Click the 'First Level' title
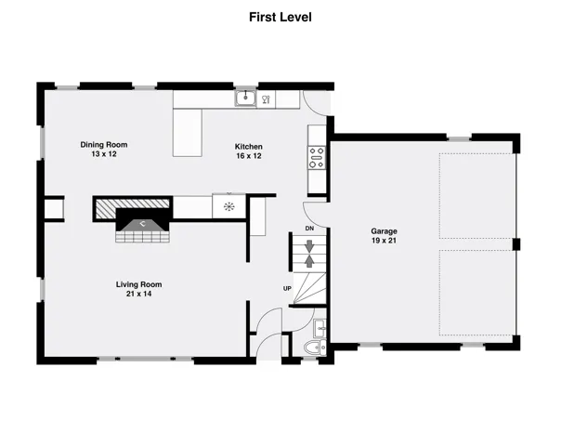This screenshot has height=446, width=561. (x=280, y=17)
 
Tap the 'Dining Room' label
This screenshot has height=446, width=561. (x=104, y=145)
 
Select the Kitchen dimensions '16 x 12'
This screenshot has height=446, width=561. (x=249, y=156)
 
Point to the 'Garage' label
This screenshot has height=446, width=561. (x=384, y=231)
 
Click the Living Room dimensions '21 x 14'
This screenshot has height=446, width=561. (x=138, y=294)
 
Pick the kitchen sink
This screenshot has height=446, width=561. (x=245, y=98)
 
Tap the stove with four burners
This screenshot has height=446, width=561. (x=317, y=158)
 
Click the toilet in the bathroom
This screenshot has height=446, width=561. (x=315, y=348)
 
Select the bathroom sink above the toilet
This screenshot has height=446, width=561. (x=320, y=329)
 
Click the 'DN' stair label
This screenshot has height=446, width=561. (x=309, y=229)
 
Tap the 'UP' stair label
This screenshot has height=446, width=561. (x=287, y=288)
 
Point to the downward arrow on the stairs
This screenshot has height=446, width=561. (x=309, y=246)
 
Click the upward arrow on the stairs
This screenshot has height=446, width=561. (x=309, y=261)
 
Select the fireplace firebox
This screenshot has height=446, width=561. (x=142, y=220)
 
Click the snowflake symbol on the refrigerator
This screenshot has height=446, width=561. (x=229, y=206)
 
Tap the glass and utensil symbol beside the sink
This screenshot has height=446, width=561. (x=266, y=99)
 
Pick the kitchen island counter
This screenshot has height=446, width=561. (x=188, y=133)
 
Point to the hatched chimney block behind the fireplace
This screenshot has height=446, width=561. (x=133, y=208)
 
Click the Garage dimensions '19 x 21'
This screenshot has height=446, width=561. (x=384, y=241)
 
